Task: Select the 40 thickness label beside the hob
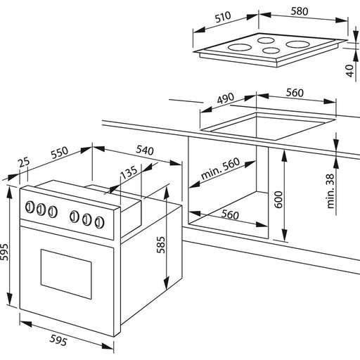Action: tap(349, 70)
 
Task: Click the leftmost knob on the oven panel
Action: tap(30, 207)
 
